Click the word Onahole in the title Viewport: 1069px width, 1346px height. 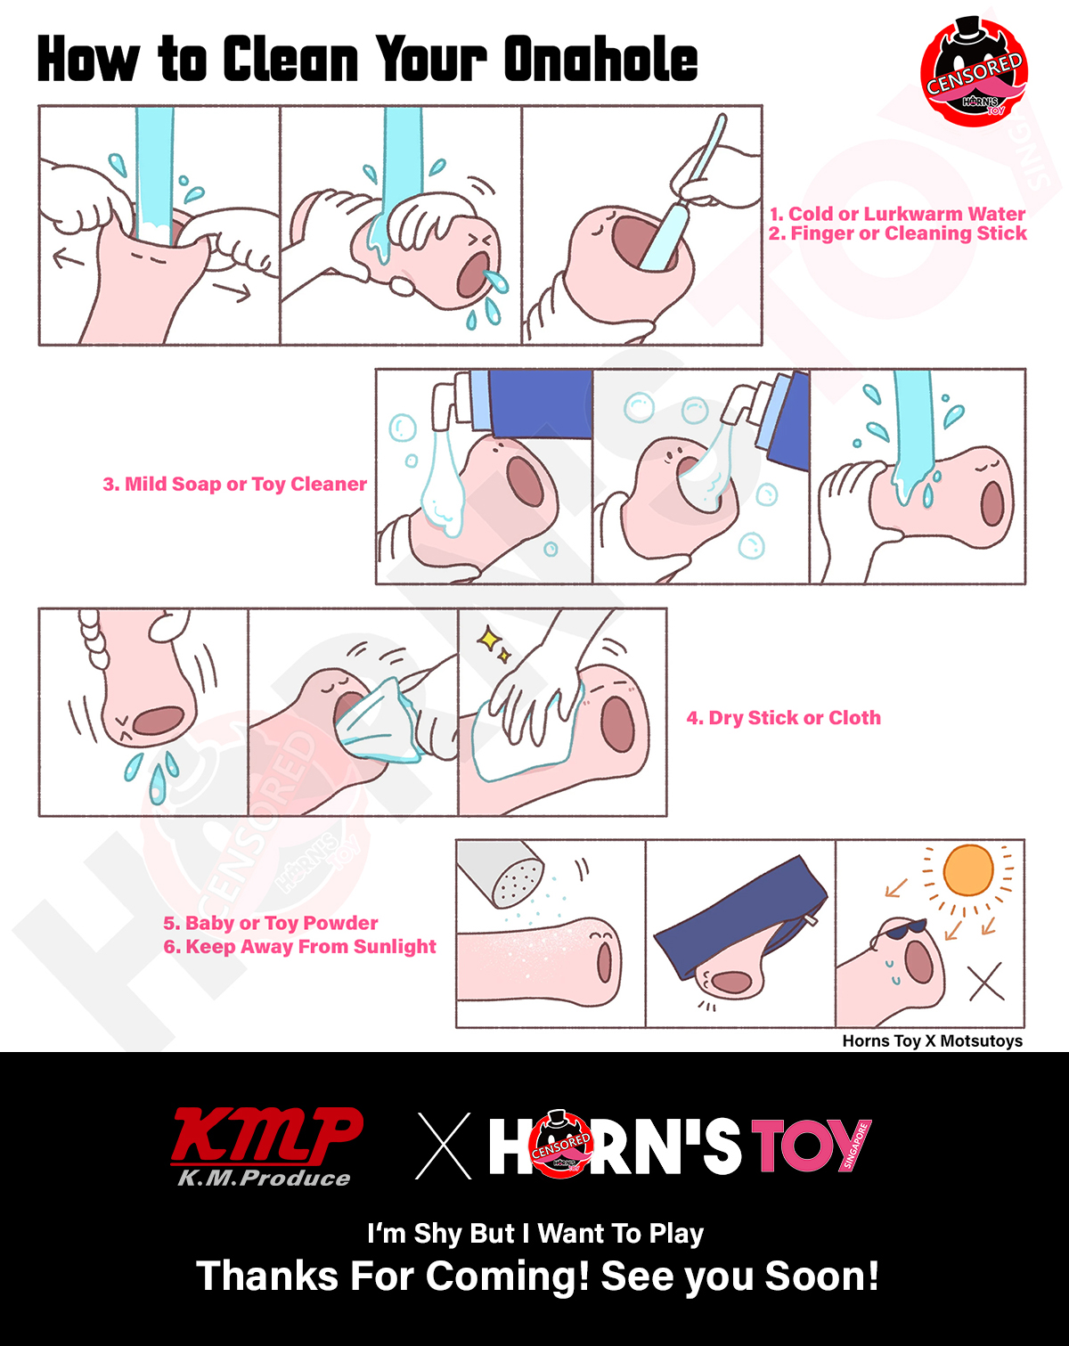(600, 59)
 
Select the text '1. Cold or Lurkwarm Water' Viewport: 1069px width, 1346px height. (897, 214)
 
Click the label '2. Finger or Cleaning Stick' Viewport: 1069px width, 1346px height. (898, 234)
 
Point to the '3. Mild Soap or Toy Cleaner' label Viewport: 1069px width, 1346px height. (234, 484)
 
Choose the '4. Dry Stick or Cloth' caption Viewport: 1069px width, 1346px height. (784, 717)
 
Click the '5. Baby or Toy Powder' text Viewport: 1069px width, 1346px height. (270, 923)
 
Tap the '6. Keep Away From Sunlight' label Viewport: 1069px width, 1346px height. (299, 946)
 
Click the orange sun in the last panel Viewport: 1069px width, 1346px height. (968, 870)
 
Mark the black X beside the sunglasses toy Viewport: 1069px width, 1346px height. (986, 982)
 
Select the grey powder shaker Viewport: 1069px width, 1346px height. (501, 872)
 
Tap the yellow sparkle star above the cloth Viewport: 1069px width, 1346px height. (488, 640)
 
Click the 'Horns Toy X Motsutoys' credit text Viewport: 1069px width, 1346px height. (932, 1040)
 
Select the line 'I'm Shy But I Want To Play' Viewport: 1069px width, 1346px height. (535, 1234)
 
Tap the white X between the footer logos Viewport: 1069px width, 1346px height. (445, 1146)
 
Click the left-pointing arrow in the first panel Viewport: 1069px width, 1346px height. (69, 259)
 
